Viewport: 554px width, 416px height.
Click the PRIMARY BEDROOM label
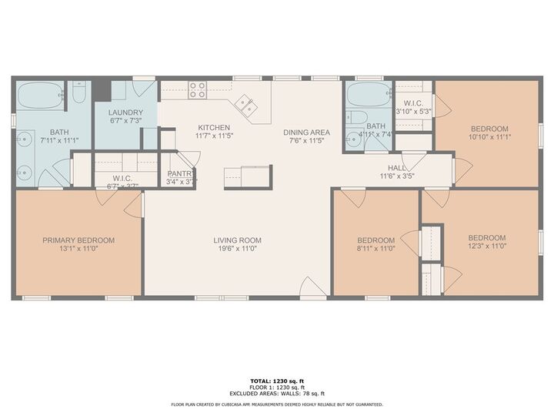78,240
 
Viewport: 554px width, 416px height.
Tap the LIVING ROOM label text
238,240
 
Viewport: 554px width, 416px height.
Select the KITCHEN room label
214,128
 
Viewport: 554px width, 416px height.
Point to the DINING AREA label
305,133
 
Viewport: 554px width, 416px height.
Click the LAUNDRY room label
126,112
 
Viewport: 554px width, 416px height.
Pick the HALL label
396,167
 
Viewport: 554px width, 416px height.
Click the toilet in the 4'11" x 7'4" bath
356,118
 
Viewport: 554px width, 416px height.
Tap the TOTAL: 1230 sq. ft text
276,381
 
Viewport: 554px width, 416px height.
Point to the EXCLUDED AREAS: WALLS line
276,393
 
